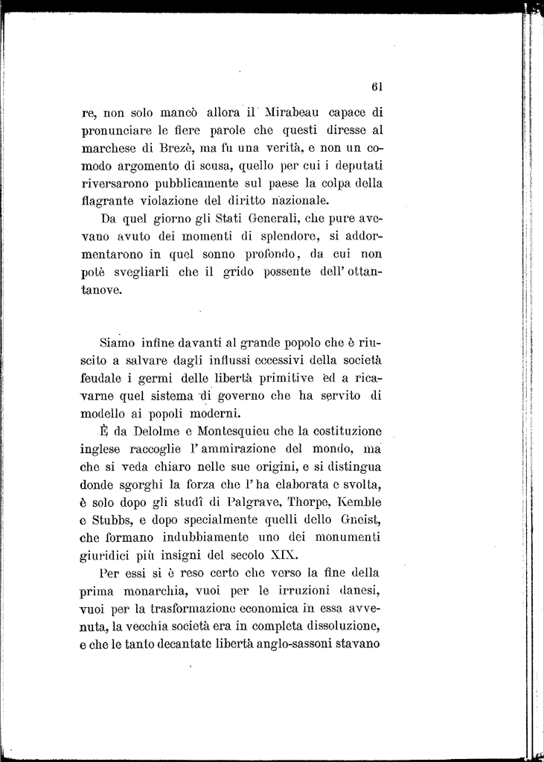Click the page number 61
tap(376, 86)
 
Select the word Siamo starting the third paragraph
tap(117, 343)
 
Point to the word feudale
tap(102, 379)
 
